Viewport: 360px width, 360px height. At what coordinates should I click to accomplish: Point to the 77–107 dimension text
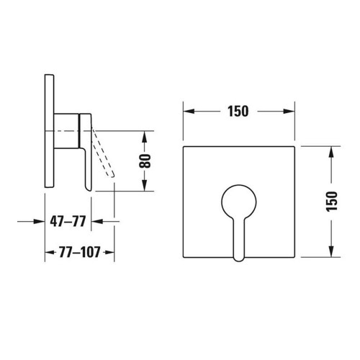pos(80,253)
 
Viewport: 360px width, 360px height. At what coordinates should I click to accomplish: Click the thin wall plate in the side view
pos(49,130)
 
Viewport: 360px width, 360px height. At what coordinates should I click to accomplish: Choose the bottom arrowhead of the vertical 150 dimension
pos(330,253)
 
